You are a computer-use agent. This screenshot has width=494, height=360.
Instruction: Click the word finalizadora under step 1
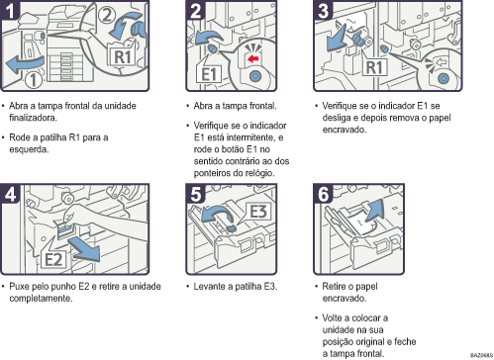click(41, 115)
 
